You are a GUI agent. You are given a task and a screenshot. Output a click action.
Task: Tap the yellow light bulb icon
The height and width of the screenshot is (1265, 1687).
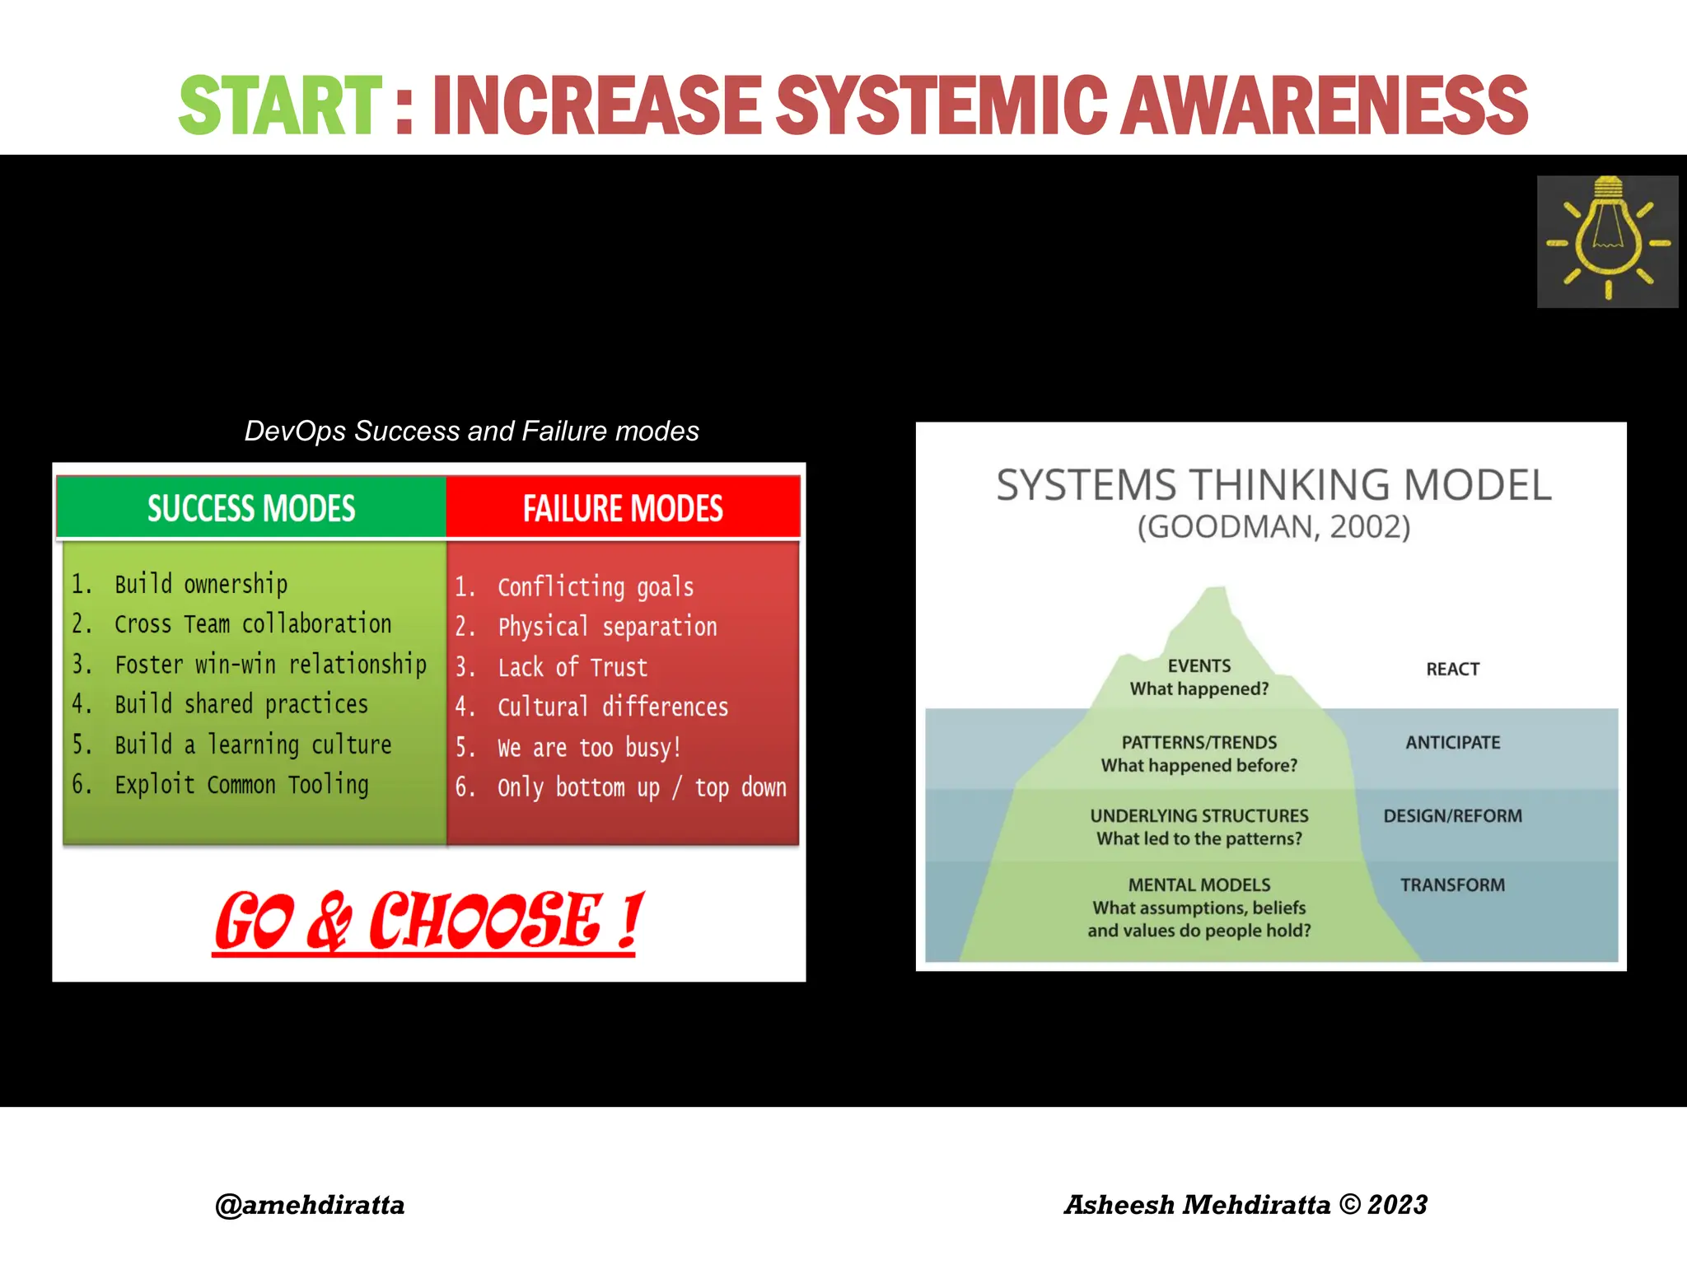click(1607, 240)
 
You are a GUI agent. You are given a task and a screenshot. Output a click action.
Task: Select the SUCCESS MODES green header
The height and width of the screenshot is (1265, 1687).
click(251, 508)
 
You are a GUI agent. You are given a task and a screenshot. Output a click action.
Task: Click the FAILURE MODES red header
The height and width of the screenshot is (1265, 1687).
click(623, 508)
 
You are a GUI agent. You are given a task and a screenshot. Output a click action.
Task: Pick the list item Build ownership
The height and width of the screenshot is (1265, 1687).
click(201, 584)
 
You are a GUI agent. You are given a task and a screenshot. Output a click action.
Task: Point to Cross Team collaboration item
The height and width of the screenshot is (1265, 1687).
click(252, 624)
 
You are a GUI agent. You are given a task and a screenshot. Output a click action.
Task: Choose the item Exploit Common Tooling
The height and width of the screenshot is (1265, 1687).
click(241, 785)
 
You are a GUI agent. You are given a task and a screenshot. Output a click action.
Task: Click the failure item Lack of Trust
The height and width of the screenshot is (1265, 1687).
click(572, 667)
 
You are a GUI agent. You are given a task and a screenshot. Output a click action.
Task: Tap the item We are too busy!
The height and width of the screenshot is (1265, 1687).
click(589, 748)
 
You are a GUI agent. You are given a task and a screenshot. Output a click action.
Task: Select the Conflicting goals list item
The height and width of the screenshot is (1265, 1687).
click(596, 587)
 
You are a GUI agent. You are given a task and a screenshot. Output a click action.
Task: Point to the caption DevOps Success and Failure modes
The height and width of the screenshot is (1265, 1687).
click(471, 431)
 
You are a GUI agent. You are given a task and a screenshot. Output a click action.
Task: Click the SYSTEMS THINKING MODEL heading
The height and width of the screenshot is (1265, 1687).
click(1273, 484)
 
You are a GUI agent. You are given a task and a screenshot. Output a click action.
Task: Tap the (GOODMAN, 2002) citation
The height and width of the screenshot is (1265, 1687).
click(1273, 527)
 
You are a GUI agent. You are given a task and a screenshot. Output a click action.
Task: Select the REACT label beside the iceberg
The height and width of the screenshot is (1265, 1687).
click(1452, 669)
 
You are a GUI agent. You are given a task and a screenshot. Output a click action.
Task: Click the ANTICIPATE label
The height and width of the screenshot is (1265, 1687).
click(1452, 742)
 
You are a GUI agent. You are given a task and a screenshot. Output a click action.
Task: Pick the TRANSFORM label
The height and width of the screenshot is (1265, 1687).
click(1452, 885)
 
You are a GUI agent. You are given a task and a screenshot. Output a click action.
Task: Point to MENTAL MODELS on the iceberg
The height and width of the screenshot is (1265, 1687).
click(1199, 885)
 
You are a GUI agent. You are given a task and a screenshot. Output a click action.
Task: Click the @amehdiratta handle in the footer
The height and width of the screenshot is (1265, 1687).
click(310, 1205)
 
